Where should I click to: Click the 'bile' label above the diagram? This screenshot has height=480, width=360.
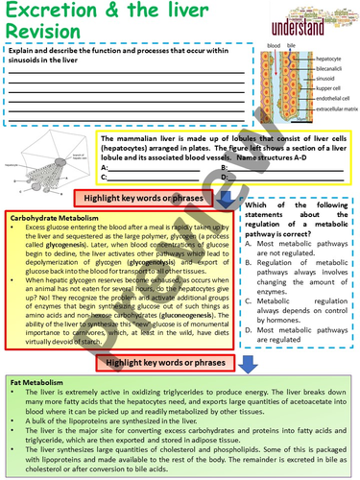[286, 45]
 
